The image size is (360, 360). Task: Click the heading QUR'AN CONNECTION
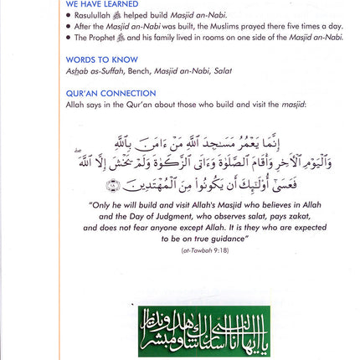[x=111, y=94]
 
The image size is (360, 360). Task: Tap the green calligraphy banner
[x=204, y=331]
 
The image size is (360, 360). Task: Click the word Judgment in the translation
[x=166, y=215]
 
